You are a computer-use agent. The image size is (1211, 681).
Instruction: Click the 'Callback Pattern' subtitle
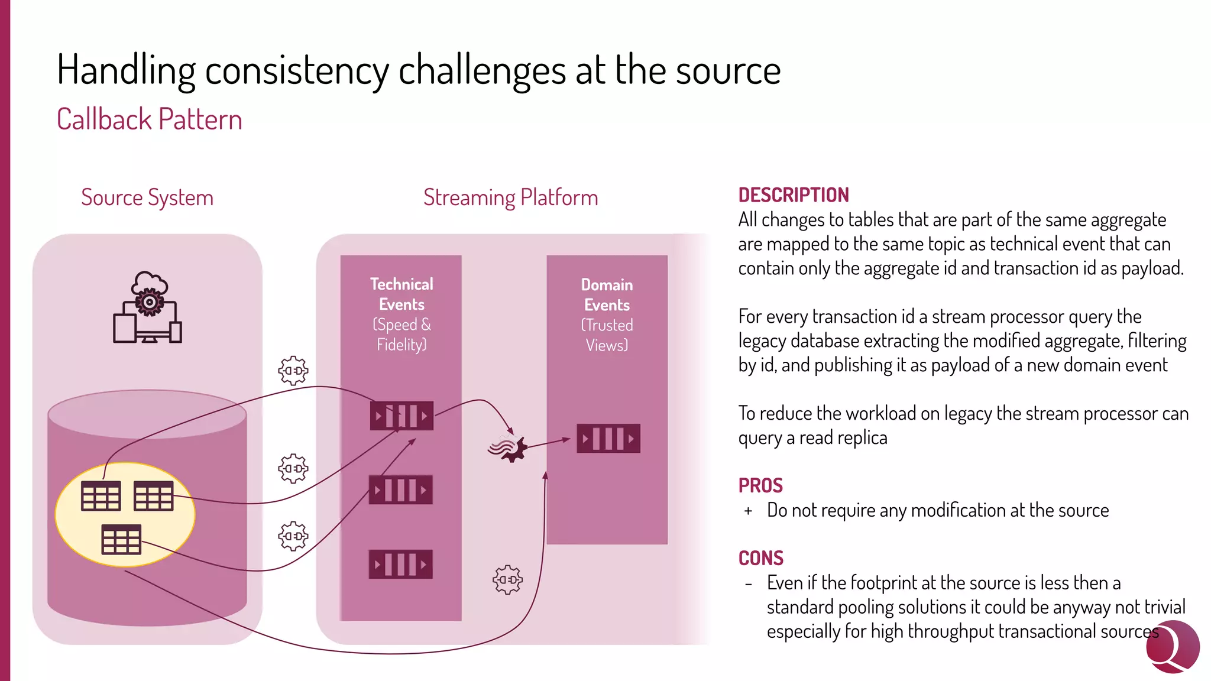click(x=149, y=119)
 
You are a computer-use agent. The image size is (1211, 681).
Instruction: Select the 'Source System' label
click(x=147, y=197)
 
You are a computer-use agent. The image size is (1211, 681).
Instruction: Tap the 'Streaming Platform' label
click(x=510, y=197)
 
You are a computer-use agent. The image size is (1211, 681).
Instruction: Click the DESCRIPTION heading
click(x=793, y=194)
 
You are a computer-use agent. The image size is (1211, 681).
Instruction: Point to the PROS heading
click(x=760, y=485)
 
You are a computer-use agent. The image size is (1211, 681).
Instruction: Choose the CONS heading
click(x=760, y=558)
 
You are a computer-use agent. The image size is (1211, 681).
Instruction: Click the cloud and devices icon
click(x=147, y=307)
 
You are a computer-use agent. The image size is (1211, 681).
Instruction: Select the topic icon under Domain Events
click(x=608, y=439)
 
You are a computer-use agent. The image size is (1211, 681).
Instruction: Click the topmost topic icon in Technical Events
click(x=401, y=416)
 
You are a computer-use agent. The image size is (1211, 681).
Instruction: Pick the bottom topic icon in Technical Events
click(x=400, y=564)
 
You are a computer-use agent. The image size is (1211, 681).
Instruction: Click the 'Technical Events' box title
click(x=401, y=294)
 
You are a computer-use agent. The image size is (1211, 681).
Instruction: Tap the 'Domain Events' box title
click(x=607, y=294)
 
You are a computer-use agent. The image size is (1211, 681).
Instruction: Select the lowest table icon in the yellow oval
click(x=121, y=539)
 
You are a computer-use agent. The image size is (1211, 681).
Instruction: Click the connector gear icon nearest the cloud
click(x=293, y=371)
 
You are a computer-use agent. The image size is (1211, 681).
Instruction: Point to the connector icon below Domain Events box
click(x=507, y=580)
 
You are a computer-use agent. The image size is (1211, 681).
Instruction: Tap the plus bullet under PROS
click(x=748, y=511)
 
